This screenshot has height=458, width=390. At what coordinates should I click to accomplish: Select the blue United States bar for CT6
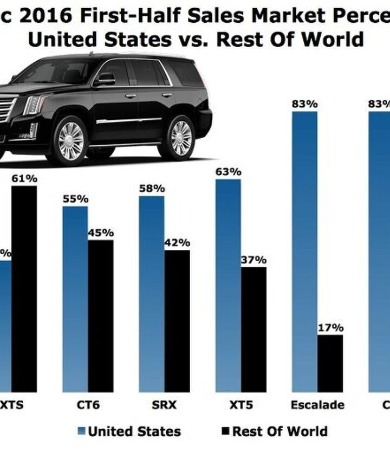click(x=75, y=299)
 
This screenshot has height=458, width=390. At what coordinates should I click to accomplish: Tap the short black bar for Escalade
click(x=330, y=363)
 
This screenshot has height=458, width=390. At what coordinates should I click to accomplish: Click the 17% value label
click(x=330, y=327)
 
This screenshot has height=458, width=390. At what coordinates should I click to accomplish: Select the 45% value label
click(x=101, y=233)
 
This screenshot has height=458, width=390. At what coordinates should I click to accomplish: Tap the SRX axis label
click(x=164, y=405)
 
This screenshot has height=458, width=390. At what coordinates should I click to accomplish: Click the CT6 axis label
click(x=88, y=405)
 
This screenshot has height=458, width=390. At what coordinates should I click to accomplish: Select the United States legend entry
click(x=134, y=431)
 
